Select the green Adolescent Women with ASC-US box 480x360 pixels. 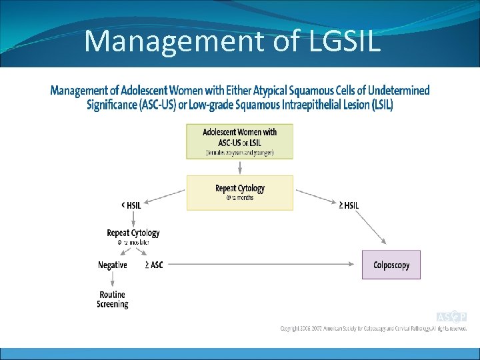click(239, 141)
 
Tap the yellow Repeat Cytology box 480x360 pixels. click(239, 193)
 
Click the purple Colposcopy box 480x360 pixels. click(391, 265)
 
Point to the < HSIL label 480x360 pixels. click(131, 205)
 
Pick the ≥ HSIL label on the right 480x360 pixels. click(349, 205)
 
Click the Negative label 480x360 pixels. click(112, 265)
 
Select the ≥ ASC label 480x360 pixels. click(153, 265)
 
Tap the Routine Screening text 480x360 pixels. click(112, 299)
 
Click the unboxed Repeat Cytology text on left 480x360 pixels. click(133, 233)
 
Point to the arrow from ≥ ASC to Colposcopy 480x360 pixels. click(260, 265)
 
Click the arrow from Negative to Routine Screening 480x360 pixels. click(112, 279)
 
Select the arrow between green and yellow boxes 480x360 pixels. click(239, 167)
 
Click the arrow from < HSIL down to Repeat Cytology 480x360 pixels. click(133, 219)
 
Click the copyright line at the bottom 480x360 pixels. click(373, 329)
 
